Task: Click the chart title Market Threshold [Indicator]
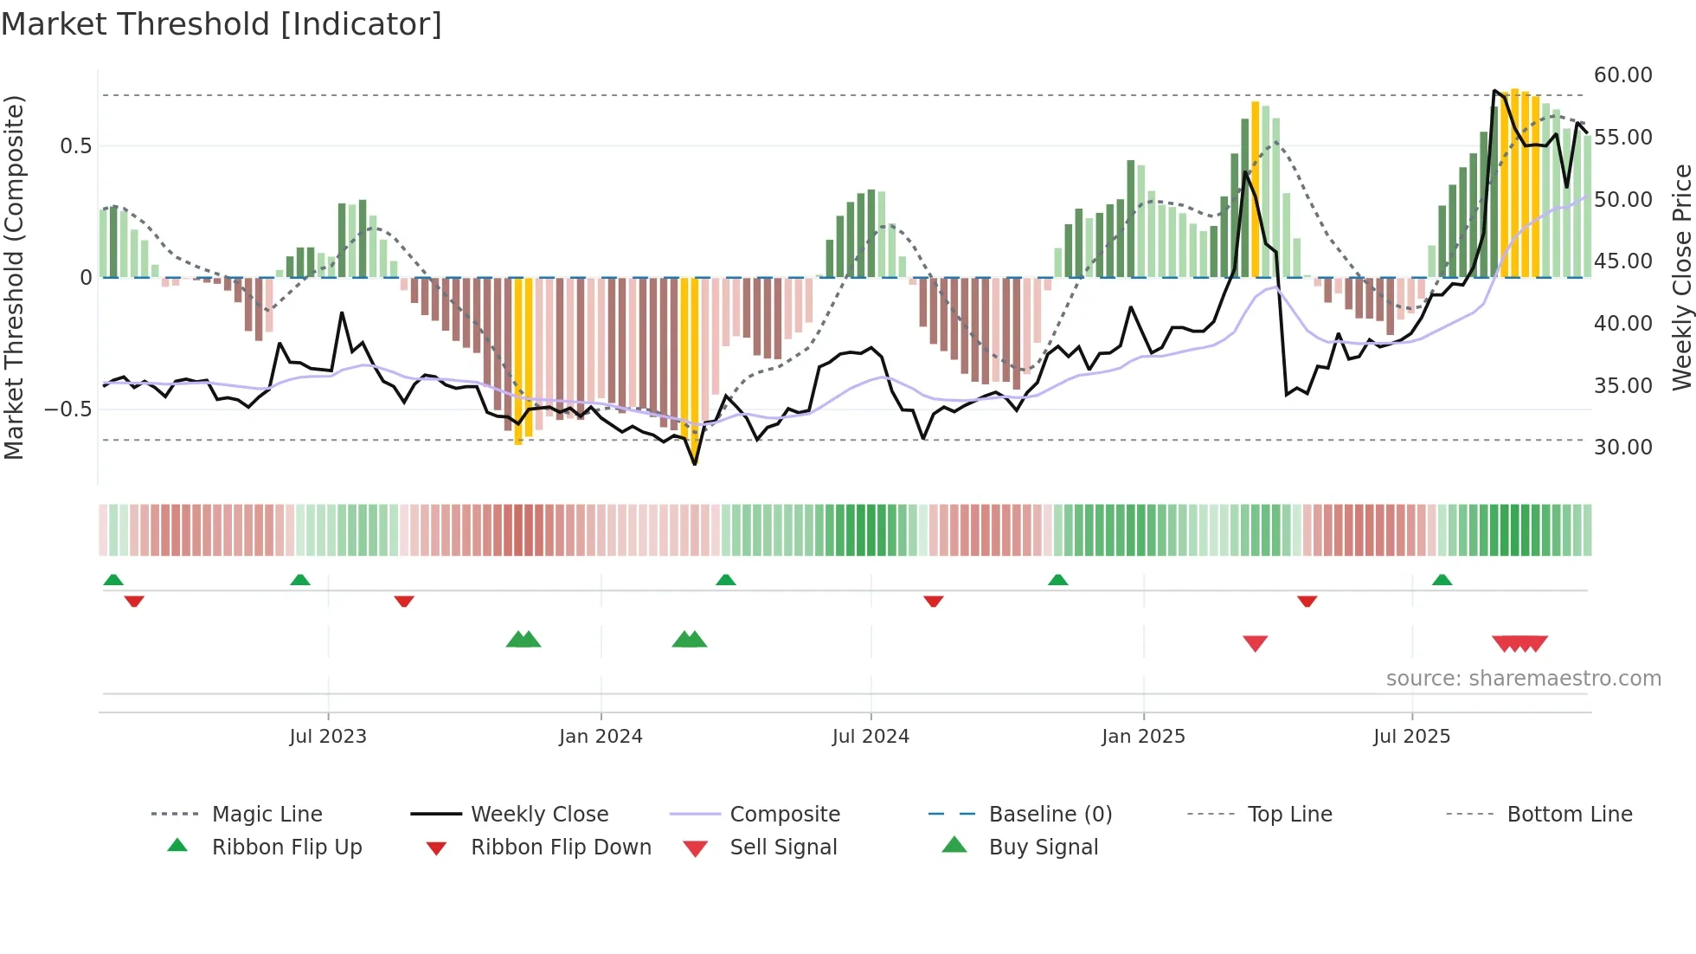point(222,24)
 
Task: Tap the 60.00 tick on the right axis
point(1622,75)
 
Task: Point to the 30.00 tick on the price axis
point(1622,448)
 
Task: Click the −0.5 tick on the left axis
point(67,409)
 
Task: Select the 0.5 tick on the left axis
point(75,145)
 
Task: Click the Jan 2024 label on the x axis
point(601,737)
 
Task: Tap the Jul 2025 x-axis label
point(1411,737)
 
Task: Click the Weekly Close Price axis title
point(1681,277)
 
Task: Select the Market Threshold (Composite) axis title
point(14,277)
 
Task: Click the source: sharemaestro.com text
point(1523,679)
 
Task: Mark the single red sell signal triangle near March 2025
point(1255,643)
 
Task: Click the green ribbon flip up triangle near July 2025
point(1442,580)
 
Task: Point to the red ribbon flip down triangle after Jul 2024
point(933,601)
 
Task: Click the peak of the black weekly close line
point(1494,90)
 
